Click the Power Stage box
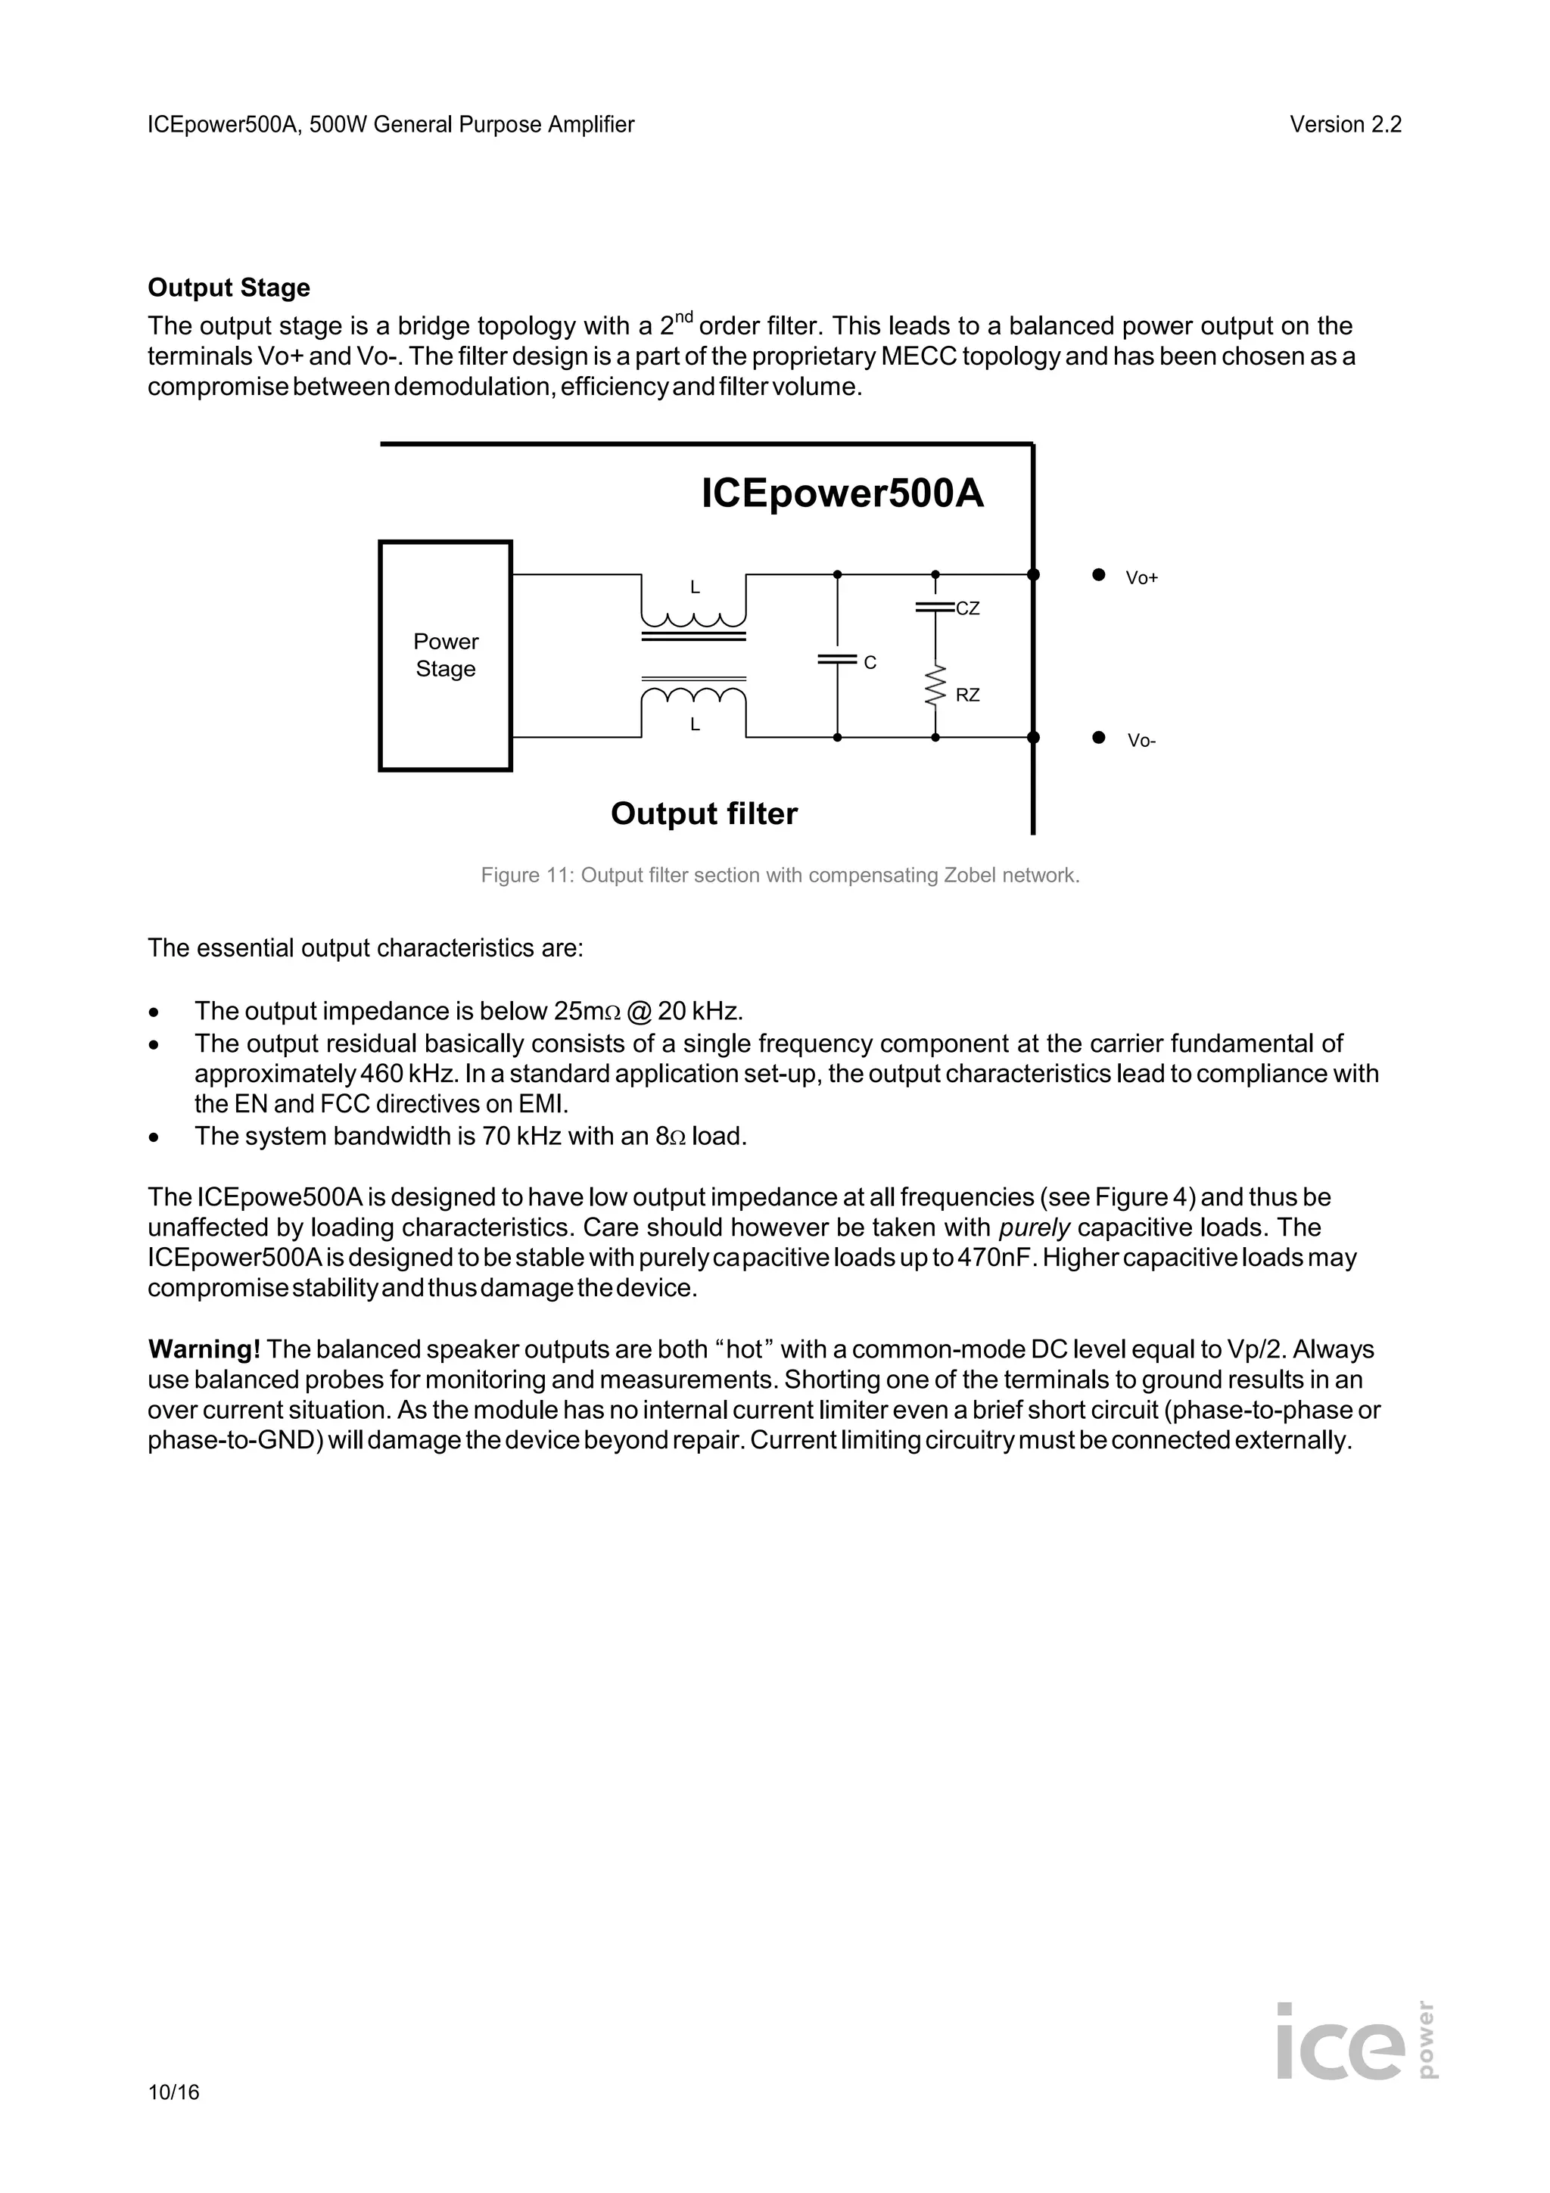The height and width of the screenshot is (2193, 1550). pyautogui.click(x=445, y=655)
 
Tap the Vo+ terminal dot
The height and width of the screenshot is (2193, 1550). pyautogui.click(x=1098, y=574)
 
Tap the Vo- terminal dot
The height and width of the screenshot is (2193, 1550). pyautogui.click(x=1098, y=737)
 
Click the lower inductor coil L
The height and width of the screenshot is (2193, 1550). pyautogui.click(x=693, y=695)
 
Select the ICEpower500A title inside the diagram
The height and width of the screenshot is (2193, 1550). pyautogui.click(x=842, y=494)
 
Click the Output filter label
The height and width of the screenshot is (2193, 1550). pyautogui.click(x=704, y=813)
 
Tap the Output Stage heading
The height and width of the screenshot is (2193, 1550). pyautogui.click(x=229, y=288)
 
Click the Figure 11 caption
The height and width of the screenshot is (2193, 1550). pyautogui.click(x=780, y=875)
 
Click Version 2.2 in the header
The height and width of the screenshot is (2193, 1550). pyautogui.click(x=1345, y=124)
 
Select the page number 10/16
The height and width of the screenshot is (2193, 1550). pyautogui.click(x=174, y=2092)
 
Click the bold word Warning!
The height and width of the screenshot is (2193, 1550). pyautogui.click(x=204, y=1348)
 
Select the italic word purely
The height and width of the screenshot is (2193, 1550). pyautogui.click(x=1033, y=1227)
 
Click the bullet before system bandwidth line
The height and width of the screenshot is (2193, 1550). pyautogui.click(x=154, y=1137)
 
